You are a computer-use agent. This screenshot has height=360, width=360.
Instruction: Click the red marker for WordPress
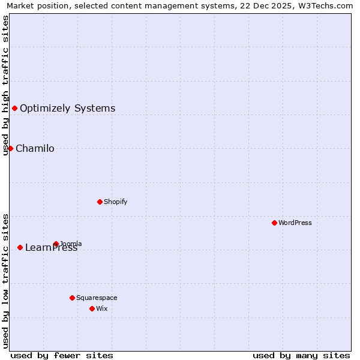(274, 223)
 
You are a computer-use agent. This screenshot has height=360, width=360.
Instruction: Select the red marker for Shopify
(100, 202)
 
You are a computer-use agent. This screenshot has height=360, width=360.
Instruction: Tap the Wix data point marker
(92, 308)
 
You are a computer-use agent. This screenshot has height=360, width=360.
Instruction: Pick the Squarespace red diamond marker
(72, 298)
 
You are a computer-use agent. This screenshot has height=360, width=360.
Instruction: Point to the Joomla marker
(56, 244)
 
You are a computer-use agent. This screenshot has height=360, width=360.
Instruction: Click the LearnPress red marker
(20, 247)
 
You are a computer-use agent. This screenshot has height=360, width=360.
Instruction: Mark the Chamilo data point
(10, 148)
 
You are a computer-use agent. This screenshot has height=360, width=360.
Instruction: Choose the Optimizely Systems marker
(14, 108)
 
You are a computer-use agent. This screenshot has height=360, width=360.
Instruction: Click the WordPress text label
(295, 223)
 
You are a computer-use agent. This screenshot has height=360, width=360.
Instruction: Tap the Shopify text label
(116, 202)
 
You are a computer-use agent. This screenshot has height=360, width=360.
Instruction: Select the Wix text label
(101, 308)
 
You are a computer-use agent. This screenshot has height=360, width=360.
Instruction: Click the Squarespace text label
(97, 298)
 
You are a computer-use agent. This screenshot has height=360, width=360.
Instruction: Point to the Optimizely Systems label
(68, 109)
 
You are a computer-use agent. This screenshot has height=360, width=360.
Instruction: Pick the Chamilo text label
(35, 149)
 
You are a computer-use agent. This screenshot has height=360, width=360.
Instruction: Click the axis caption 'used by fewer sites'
(62, 355)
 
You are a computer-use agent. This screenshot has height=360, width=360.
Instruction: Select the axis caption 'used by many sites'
(301, 355)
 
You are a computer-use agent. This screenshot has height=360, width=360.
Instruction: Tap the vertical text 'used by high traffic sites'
(5, 85)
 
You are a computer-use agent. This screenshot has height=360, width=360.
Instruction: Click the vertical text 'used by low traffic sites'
(5, 280)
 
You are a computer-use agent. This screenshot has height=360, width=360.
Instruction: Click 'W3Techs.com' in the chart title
(328, 6)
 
